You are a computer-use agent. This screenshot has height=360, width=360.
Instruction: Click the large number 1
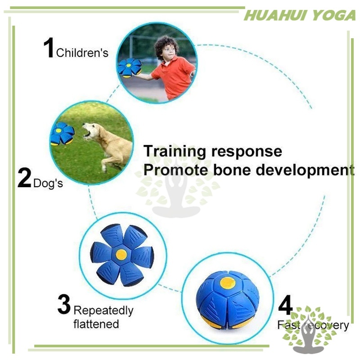49,47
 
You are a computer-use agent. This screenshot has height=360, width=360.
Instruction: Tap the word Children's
82,53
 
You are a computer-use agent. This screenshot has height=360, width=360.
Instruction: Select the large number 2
24,178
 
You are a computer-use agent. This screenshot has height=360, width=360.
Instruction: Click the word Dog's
48,183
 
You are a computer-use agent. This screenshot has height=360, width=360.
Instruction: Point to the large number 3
64,304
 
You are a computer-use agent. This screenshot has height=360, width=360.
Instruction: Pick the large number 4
285,305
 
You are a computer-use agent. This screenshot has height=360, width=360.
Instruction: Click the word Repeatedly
103,311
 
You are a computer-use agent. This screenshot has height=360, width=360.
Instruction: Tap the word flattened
96,324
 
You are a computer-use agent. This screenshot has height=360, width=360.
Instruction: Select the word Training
175,152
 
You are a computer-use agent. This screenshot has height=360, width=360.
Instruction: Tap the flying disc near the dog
62,134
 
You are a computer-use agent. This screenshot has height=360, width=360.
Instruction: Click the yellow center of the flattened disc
121,254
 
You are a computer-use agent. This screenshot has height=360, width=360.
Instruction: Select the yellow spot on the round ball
228,283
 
